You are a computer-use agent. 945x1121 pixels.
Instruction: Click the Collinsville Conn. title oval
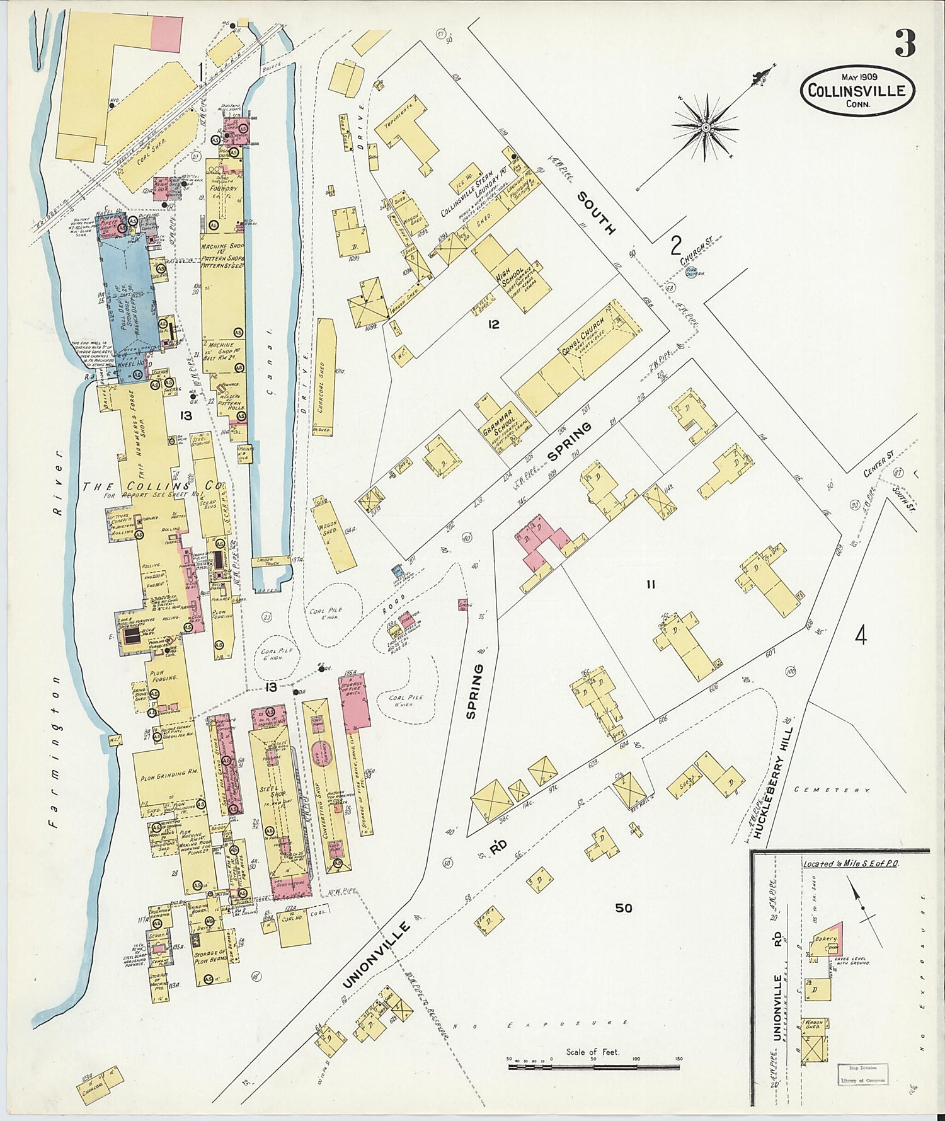click(857, 91)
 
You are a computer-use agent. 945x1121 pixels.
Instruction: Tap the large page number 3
click(905, 44)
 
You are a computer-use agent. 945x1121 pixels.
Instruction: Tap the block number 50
click(624, 908)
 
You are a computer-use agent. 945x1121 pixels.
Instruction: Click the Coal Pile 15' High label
click(406, 701)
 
